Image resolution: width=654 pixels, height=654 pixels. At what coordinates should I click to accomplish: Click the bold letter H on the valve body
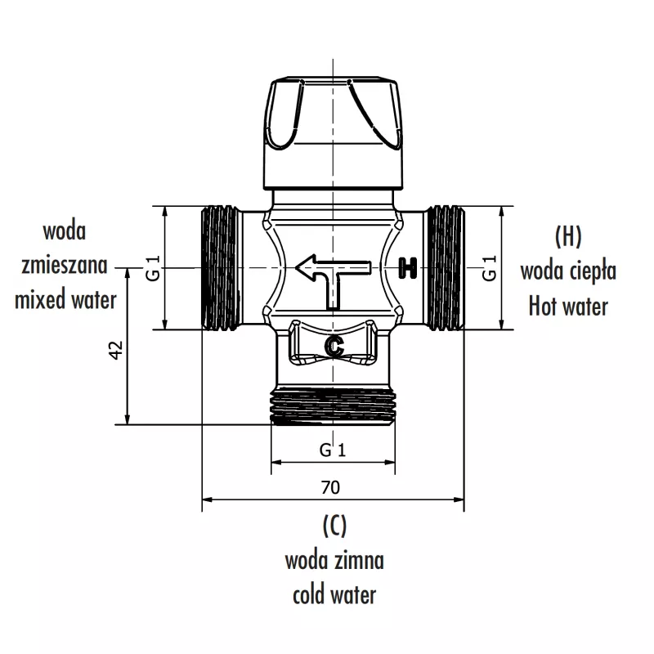(x=408, y=267)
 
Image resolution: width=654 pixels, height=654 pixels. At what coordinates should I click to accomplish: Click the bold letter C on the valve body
(x=333, y=346)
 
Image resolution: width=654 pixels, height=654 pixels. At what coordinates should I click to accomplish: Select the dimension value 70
(x=330, y=487)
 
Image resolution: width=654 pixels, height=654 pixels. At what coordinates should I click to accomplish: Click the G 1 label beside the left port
(x=152, y=268)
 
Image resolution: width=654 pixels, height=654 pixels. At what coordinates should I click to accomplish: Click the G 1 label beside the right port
(x=489, y=268)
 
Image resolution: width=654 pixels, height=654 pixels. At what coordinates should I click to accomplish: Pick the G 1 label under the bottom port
(x=333, y=450)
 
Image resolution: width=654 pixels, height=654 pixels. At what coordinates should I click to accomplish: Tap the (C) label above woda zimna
(x=334, y=525)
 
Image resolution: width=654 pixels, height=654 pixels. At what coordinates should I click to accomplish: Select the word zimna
(x=358, y=561)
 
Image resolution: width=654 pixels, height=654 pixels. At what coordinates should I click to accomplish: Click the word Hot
(x=543, y=307)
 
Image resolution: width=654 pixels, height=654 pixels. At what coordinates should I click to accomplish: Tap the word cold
(x=311, y=594)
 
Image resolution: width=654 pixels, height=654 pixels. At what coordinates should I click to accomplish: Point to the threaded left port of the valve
(x=219, y=267)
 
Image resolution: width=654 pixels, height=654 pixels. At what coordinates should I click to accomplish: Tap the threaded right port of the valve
(x=446, y=267)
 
